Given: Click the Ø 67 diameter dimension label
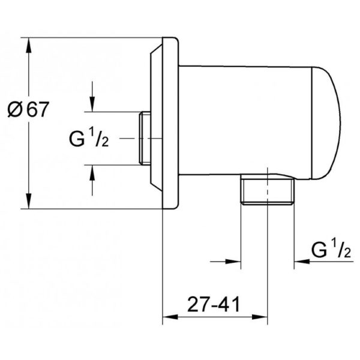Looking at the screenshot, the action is coord(28,109).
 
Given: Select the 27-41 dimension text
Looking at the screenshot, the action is coord(213,305).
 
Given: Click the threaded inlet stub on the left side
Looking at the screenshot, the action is coord(145,138).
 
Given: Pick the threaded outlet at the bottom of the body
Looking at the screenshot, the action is coord(268,189).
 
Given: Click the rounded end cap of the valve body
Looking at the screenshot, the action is coord(326,123).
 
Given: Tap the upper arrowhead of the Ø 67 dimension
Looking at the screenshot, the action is coord(29,46).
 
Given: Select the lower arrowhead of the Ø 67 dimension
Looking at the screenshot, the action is coord(29,201).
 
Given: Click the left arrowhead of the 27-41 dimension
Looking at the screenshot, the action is coord(170,317).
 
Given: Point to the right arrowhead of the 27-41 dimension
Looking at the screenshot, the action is coord(260,317).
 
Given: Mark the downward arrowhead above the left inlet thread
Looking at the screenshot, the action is coord(92,104).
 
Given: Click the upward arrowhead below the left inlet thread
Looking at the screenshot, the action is coord(92,173).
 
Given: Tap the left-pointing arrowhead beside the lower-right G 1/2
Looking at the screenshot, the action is coord(302,261).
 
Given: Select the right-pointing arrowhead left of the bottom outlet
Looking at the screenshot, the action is coord(233,261).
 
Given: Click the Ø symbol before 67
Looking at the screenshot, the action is coord(15,110).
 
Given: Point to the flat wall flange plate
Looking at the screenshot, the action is coord(170,123).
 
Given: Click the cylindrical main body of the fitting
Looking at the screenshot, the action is coord(245,121).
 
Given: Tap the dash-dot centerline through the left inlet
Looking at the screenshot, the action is coord(140,138).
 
